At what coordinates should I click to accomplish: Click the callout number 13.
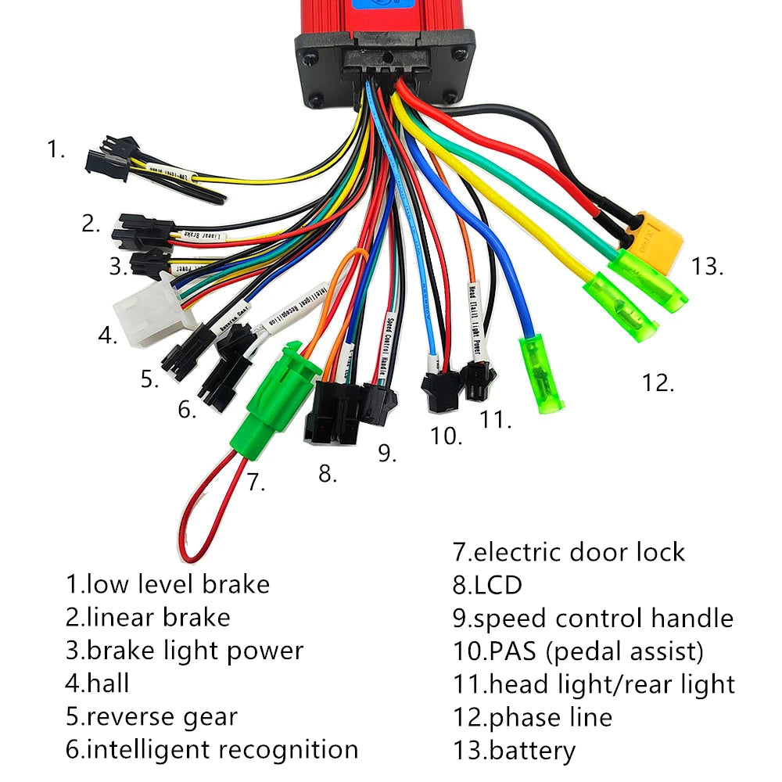[x=707, y=266]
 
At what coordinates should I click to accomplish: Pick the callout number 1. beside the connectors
[x=56, y=149]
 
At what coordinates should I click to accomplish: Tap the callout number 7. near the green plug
[x=256, y=482]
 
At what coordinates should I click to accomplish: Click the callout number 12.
[x=658, y=382]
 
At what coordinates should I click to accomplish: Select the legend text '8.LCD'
[x=487, y=585]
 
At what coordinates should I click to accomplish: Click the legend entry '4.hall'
[x=98, y=683]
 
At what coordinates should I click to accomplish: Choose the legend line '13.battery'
[x=514, y=752]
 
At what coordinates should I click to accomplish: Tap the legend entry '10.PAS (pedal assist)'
[x=579, y=651]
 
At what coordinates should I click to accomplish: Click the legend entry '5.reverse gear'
[x=151, y=717]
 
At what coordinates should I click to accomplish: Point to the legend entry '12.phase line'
[x=533, y=717]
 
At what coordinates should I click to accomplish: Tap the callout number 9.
[x=387, y=453]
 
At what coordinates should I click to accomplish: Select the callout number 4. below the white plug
[x=107, y=336]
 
